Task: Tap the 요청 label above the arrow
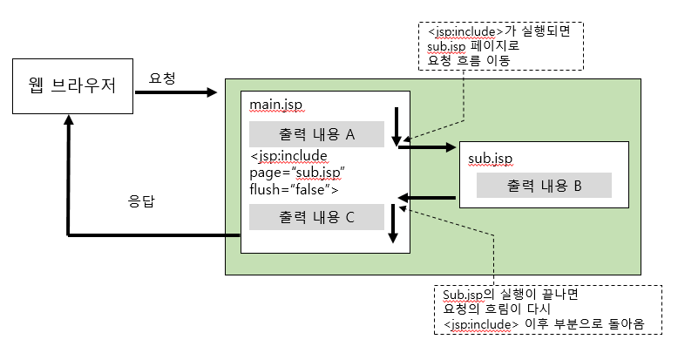coord(162,78)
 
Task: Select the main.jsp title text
coord(276,105)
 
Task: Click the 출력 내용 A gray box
coord(316,134)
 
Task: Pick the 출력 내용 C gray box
coord(316,217)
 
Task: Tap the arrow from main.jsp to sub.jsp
coord(427,148)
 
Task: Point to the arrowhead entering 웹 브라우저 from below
coord(68,122)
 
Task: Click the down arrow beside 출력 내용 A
coord(396,126)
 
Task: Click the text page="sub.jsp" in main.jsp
coord(298,172)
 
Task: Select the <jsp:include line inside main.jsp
coord(288,156)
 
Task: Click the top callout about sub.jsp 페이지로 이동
coord(500,46)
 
